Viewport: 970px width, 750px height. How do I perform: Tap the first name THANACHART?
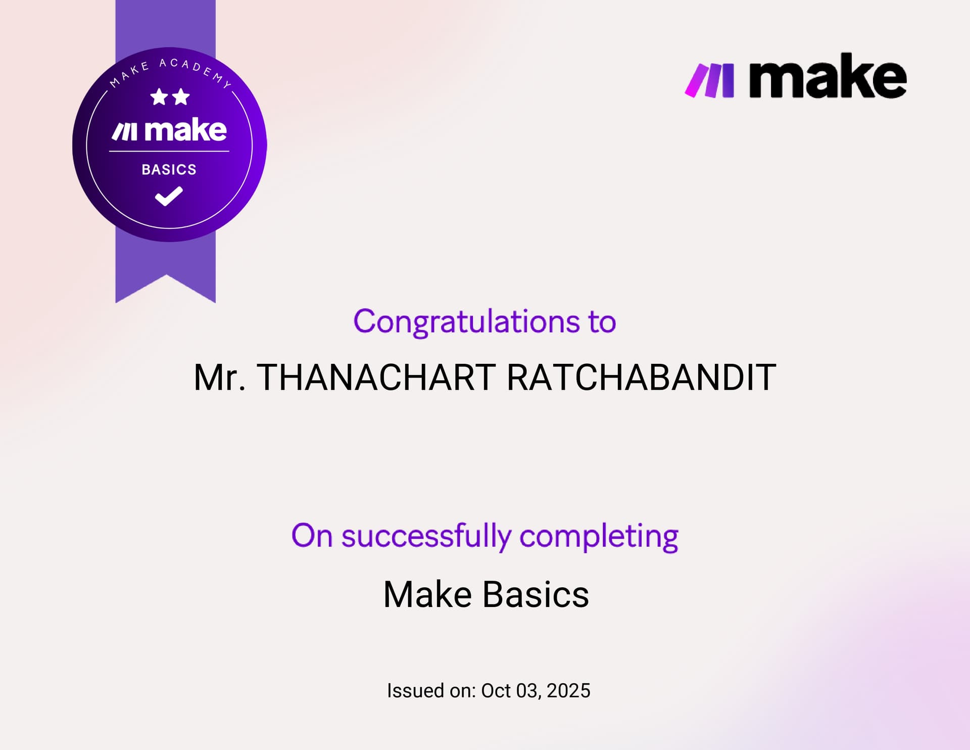(x=376, y=378)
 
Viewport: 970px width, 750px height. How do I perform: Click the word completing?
(x=599, y=536)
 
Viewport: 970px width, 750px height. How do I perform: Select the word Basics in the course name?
(x=536, y=594)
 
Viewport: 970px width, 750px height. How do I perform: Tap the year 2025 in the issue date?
(x=568, y=691)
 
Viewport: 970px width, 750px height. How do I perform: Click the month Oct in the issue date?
(x=496, y=691)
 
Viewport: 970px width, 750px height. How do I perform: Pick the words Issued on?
(x=431, y=691)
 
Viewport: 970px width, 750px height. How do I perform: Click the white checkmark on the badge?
(x=169, y=196)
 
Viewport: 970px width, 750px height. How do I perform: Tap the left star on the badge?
(x=159, y=97)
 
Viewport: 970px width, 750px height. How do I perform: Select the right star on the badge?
(x=180, y=97)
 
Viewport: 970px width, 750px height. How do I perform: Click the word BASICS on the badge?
(x=169, y=169)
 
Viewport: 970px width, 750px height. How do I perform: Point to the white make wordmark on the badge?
(x=185, y=130)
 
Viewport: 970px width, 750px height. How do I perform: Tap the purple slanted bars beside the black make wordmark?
(x=709, y=80)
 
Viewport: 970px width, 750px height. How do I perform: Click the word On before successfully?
(x=312, y=536)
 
